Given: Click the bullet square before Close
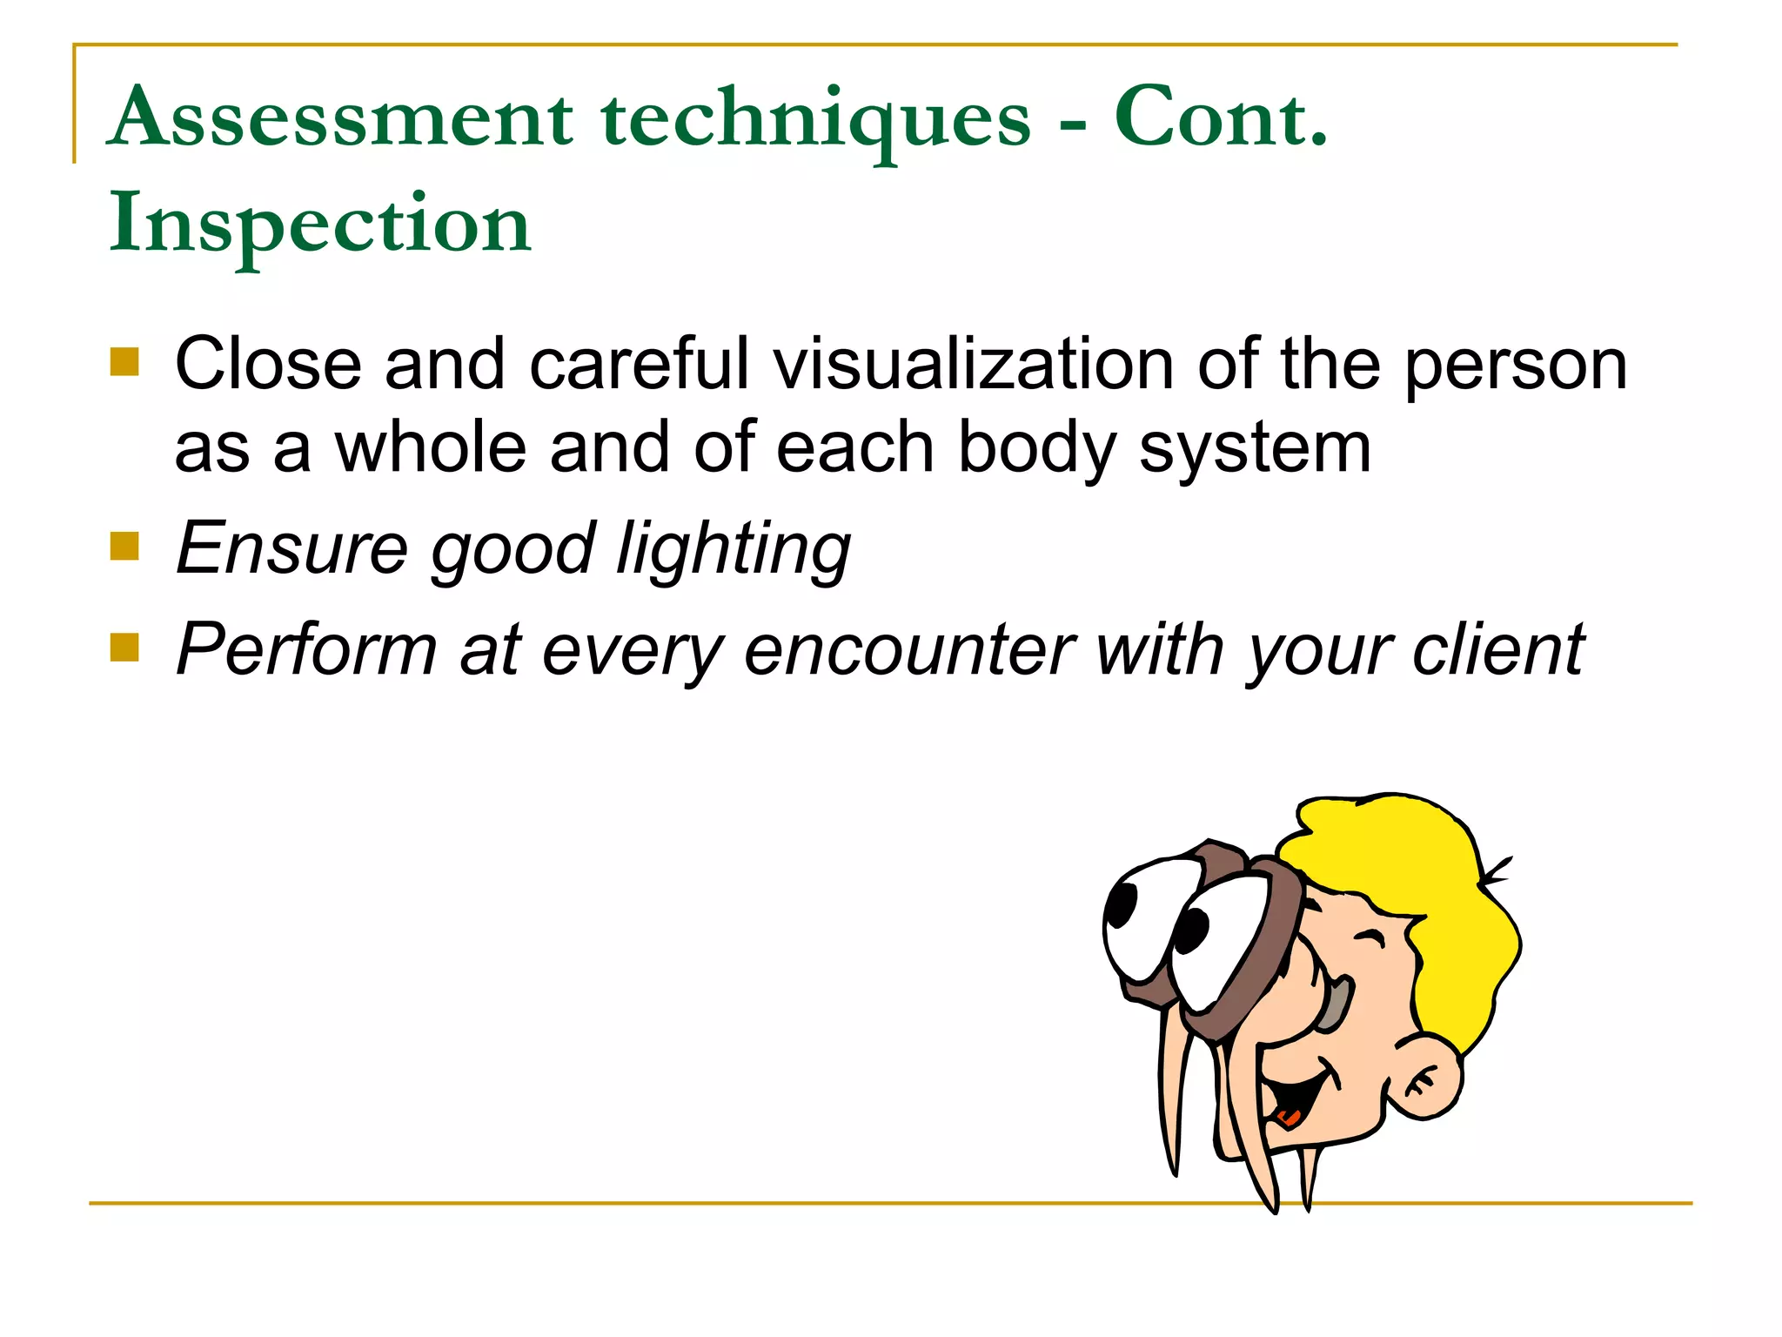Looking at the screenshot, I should tap(124, 362).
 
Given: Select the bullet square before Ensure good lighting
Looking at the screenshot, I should tap(124, 547).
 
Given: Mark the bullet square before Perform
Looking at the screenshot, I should tap(124, 648).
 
